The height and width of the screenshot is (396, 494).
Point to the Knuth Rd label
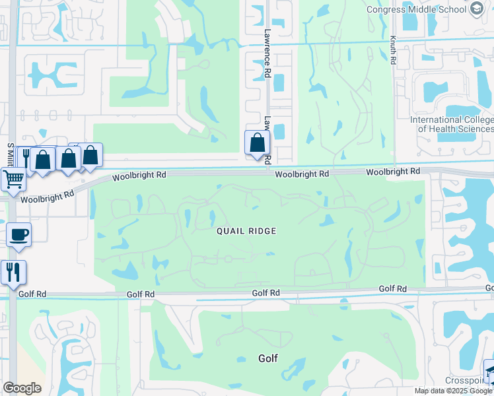point(393,49)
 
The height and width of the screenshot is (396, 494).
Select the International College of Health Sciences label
point(452,124)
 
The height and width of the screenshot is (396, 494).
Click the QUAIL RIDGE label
point(246,231)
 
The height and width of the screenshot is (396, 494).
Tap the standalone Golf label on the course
point(267,358)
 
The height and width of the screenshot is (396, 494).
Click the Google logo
point(22,388)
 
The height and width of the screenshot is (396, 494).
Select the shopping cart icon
point(13,178)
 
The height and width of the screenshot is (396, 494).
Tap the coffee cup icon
point(18,234)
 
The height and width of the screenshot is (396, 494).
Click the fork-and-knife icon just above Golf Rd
point(13,271)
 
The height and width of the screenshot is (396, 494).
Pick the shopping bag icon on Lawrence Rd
point(256,142)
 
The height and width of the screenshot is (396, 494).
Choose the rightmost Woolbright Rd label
point(393,171)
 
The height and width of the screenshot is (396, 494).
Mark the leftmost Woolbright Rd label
point(46,197)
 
